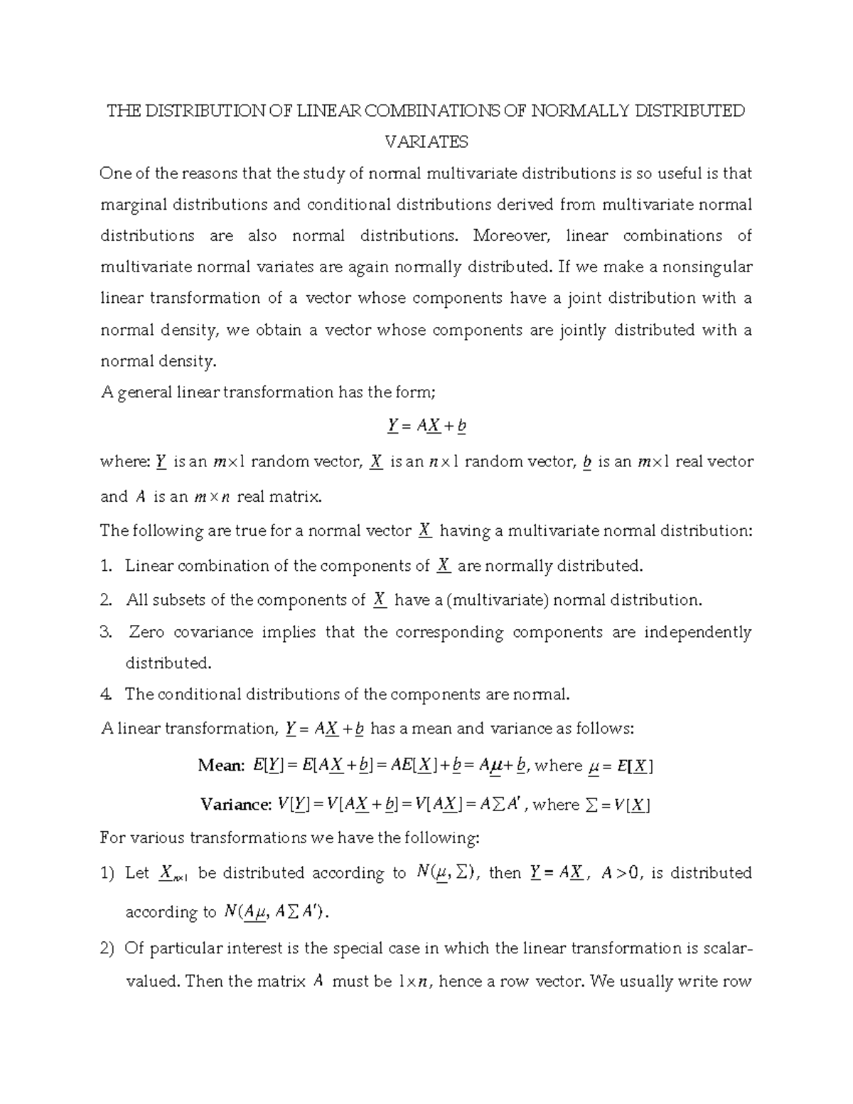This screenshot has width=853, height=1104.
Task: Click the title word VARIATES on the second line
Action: pyautogui.click(x=426, y=142)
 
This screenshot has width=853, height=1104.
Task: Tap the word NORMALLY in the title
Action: pyautogui.click(x=579, y=111)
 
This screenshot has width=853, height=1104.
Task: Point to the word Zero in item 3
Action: pyautogui.click(x=146, y=633)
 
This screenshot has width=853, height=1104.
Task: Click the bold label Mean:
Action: pyautogui.click(x=220, y=766)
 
